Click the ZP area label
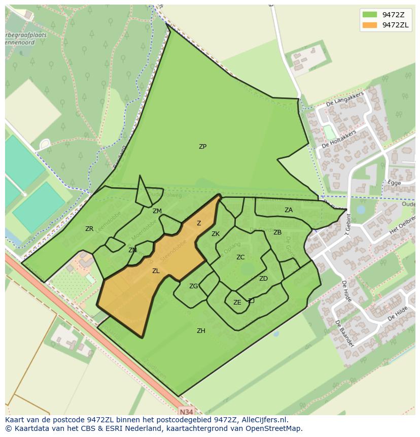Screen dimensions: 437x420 (202, 147)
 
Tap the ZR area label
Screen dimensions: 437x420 (89, 229)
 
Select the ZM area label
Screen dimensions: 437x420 (157, 211)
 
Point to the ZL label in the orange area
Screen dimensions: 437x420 (156, 271)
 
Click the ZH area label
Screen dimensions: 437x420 (201, 331)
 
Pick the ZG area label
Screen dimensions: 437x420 (193, 286)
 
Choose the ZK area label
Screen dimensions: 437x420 (216, 234)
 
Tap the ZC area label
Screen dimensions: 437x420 (240, 257)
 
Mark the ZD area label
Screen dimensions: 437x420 (263, 279)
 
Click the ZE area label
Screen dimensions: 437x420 (237, 302)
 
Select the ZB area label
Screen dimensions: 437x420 (277, 232)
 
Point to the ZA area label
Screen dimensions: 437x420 (289, 210)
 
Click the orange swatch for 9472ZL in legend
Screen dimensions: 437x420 (370, 25)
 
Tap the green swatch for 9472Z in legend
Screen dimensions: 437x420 (370, 14)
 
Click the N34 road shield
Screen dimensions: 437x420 (186, 412)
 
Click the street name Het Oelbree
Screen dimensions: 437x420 (402, 223)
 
